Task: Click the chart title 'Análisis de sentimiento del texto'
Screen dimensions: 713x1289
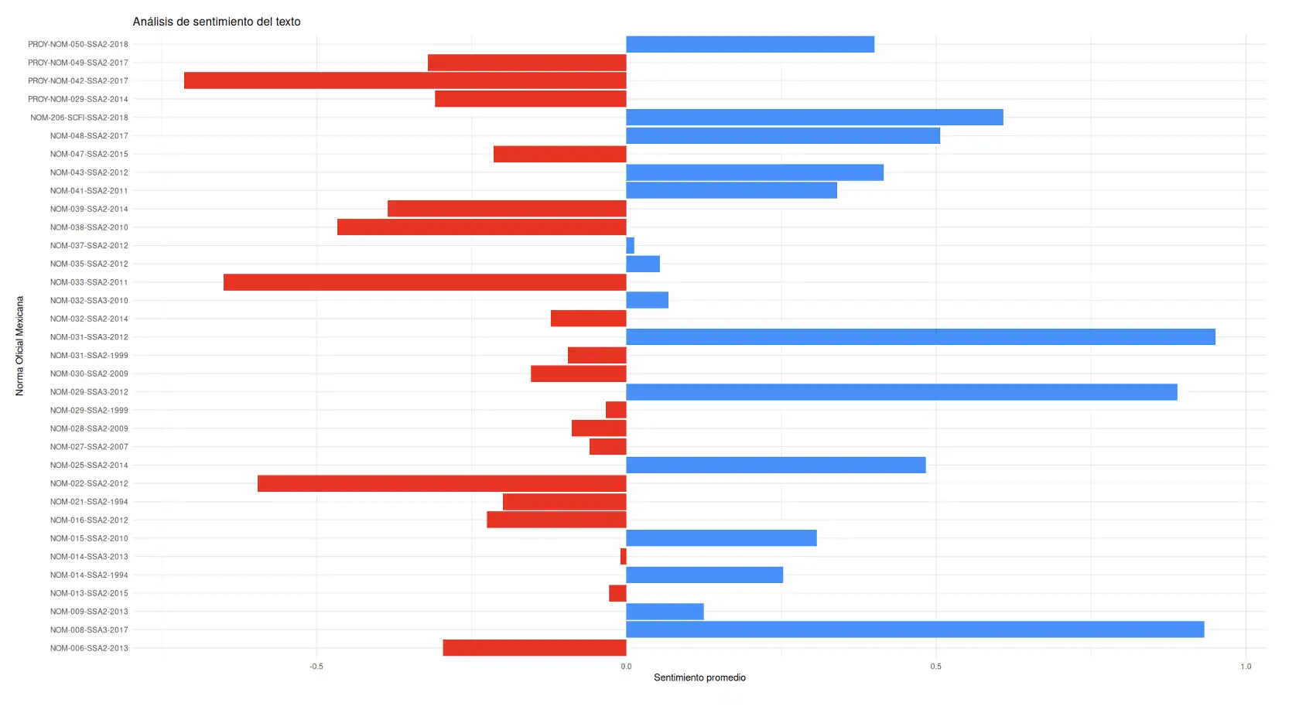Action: [217, 22]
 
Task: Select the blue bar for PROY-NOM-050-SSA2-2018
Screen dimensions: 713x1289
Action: [750, 44]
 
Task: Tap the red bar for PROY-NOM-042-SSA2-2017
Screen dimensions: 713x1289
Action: [405, 80]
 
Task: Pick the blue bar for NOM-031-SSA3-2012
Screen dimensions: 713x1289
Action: [920, 337]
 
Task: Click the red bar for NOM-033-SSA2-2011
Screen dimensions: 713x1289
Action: [425, 282]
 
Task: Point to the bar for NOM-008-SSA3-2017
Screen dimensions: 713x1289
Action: [915, 629]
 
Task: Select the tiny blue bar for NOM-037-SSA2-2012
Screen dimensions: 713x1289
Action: [630, 246]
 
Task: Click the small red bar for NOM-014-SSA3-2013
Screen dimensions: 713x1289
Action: [623, 557]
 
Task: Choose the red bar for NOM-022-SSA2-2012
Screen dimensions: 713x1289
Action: [442, 483]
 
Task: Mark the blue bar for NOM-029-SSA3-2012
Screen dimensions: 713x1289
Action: [901, 392]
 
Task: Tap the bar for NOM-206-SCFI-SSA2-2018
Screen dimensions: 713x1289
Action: [814, 118]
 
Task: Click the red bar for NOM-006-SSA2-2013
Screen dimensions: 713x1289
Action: [534, 648]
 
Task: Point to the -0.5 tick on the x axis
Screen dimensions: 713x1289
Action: [316, 667]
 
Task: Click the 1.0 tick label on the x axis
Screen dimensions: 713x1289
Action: [1245, 667]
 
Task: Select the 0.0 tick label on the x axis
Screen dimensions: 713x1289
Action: [626, 667]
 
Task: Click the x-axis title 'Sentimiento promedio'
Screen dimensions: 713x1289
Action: [699, 678]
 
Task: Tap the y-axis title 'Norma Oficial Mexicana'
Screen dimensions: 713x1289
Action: [20, 346]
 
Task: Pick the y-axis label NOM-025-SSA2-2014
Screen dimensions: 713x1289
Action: [89, 466]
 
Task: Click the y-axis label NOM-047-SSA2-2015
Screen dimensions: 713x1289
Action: [89, 155]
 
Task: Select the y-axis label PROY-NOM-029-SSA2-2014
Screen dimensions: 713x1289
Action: [78, 100]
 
